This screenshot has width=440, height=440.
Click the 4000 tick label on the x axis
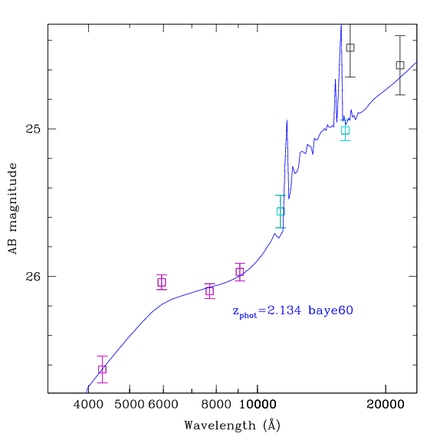pos(88,405)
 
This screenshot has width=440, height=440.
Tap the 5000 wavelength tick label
pos(130,405)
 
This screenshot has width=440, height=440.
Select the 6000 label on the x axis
pos(163,405)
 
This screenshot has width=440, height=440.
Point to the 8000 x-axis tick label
pos(216,405)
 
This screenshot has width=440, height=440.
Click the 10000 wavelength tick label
pos(258,405)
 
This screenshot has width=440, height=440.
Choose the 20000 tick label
pos(386,405)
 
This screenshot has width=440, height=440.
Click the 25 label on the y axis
pos(33,129)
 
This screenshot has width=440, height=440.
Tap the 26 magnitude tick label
pos(33,277)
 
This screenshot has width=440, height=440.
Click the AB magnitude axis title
pos(12,209)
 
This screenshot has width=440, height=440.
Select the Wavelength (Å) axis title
pos(232,425)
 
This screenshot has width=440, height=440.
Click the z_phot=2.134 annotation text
pos(267,311)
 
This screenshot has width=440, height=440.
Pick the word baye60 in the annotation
pos(330,310)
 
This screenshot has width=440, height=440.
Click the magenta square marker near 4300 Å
pos(103,369)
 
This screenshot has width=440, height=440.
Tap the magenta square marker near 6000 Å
pos(162,282)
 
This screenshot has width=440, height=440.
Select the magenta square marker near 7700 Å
pos(209,291)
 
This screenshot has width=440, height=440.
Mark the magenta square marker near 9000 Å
pos(240,272)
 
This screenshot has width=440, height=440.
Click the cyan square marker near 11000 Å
pos(281,212)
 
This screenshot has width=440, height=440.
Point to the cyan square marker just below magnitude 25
pos(346,130)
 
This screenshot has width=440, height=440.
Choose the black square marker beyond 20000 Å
pos(400,65)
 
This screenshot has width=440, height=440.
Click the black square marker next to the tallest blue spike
pos(350,48)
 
